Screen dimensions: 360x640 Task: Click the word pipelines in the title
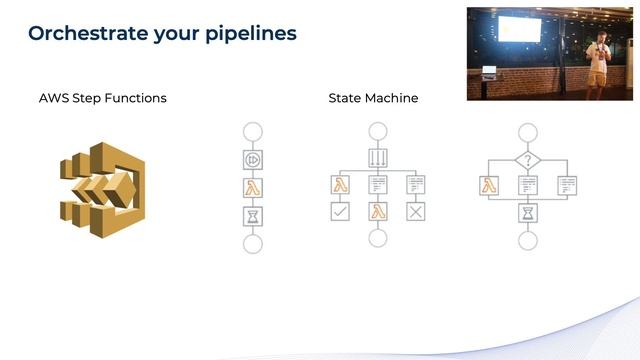coord(250,34)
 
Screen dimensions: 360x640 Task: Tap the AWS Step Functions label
coord(102,98)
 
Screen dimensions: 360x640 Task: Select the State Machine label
coord(373,98)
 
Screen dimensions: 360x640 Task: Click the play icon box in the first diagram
coord(252,159)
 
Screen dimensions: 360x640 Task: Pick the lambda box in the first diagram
coord(252,187)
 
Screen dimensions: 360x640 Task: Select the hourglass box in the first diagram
coord(252,215)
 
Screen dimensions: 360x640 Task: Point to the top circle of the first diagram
coord(252,130)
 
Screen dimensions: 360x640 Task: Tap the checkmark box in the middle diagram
coord(341,211)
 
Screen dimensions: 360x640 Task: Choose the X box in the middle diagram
coord(415,211)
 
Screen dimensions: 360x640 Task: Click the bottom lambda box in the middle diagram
coord(378,211)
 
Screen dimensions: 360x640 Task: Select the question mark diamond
coord(527,158)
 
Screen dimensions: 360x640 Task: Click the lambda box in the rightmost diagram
coord(490,185)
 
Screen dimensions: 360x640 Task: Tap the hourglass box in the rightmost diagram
coord(527,212)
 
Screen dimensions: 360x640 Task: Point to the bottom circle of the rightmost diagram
coord(527,240)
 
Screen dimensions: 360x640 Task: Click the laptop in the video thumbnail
coord(489,69)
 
